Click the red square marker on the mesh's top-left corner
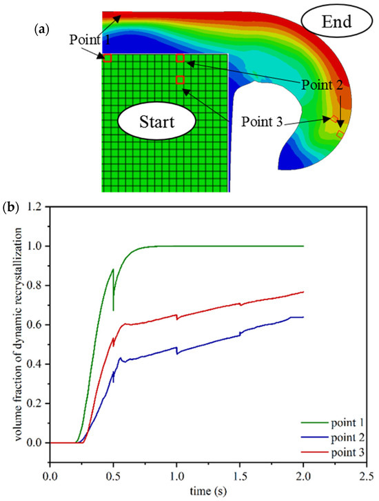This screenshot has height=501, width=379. tap(107, 59)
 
